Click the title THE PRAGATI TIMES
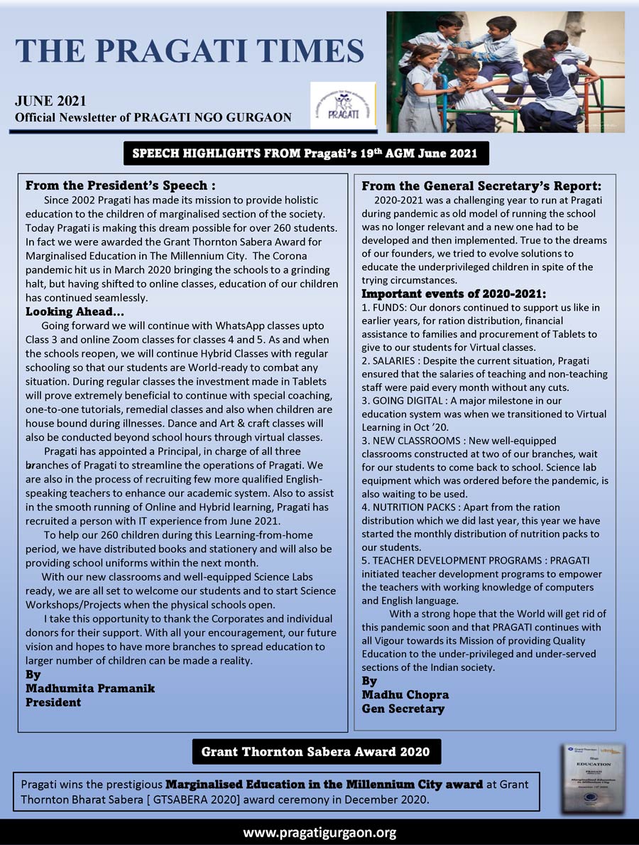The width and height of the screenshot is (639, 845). [x=190, y=50]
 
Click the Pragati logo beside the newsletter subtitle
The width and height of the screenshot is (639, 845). [x=342, y=105]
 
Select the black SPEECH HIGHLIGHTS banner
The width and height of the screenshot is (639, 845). [x=306, y=153]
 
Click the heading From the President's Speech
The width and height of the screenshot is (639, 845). [x=120, y=185]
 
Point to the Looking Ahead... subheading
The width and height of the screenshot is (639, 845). [x=75, y=311]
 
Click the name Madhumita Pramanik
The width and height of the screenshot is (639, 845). [x=89, y=688]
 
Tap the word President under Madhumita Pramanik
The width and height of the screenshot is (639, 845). [x=53, y=702]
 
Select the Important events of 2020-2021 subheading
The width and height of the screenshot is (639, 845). [x=454, y=294]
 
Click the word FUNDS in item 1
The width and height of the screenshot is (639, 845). [x=390, y=308]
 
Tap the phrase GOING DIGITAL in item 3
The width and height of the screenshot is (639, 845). [x=403, y=401]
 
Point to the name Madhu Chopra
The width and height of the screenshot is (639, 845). [x=405, y=694]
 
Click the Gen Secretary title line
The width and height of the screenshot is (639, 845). [x=403, y=709]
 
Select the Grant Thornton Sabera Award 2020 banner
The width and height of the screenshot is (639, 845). [x=316, y=751]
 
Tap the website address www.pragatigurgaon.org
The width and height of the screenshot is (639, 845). [x=319, y=832]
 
